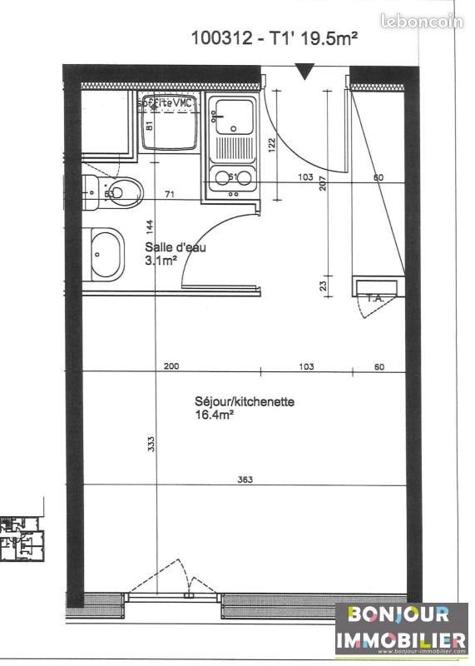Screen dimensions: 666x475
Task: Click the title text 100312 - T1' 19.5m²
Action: pos(274,37)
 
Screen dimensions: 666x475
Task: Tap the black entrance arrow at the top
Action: pos(305,73)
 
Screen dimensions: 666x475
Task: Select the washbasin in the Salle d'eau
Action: pos(105,252)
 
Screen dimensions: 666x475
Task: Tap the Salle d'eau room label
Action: pos(175,247)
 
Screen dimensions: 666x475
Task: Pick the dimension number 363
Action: pos(245,480)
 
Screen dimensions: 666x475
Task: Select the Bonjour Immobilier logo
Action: pos(401,629)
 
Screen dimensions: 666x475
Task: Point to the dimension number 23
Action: pos(324,285)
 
